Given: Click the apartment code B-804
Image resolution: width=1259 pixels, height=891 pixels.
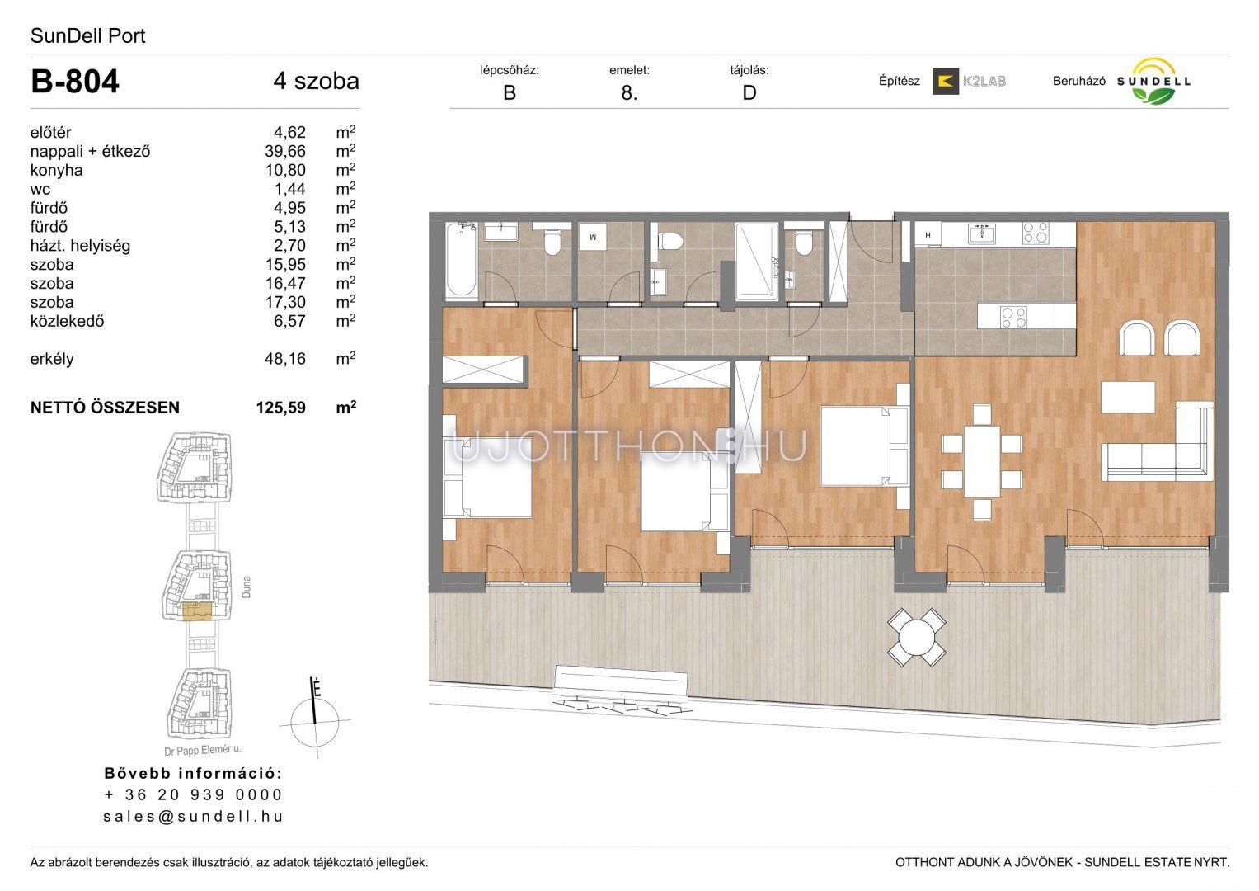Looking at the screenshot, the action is pyautogui.click(x=75, y=82).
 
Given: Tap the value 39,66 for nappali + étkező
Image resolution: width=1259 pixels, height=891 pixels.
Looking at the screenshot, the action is pyautogui.click(x=285, y=151).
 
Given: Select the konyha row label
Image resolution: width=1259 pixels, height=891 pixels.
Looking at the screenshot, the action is pyautogui.click(x=56, y=170).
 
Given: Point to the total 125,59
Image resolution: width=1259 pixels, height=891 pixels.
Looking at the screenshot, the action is pyautogui.click(x=281, y=408).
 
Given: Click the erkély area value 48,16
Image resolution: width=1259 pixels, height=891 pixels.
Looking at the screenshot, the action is pyautogui.click(x=285, y=359).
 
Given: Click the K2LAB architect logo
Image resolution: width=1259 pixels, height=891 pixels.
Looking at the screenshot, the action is pyautogui.click(x=969, y=81).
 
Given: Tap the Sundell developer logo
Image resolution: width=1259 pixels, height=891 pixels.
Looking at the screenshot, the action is pyautogui.click(x=1153, y=82).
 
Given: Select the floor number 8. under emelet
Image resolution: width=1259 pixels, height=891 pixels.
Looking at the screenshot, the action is pyautogui.click(x=630, y=92).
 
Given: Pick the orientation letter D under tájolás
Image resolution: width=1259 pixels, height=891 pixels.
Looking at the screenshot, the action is pyautogui.click(x=749, y=92).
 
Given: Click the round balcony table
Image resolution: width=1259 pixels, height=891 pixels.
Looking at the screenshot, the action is pyautogui.click(x=916, y=637).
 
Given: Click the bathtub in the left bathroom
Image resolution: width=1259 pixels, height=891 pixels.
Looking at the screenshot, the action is pyautogui.click(x=462, y=259).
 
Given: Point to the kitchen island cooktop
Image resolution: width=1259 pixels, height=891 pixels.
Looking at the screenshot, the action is pyautogui.click(x=1014, y=318).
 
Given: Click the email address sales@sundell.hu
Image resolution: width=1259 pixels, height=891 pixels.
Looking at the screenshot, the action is pyautogui.click(x=193, y=816).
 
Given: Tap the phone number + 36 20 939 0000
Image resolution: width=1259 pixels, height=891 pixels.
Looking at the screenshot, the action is pyautogui.click(x=193, y=794).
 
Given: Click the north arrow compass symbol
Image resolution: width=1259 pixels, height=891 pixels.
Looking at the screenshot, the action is pyautogui.click(x=315, y=719).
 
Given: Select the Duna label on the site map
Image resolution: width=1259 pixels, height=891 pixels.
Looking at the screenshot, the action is pyautogui.click(x=246, y=587).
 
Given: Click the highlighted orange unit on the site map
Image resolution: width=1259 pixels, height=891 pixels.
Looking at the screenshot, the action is pyautogui.click(x=197, y=611).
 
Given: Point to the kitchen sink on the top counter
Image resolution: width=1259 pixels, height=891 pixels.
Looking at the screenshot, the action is pyautogui.click(x=982, y=233).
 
